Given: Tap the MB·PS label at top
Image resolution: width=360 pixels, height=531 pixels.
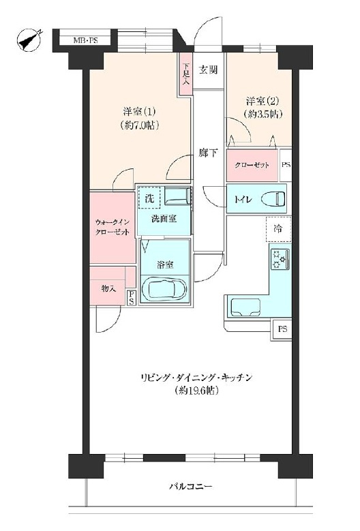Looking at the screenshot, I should (85, 41).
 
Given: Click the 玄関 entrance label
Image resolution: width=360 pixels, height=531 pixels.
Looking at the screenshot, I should (209, 69).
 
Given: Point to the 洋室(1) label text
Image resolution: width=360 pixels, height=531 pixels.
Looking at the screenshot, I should (138, 111).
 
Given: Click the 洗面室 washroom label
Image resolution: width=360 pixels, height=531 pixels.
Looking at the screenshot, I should (163, 219).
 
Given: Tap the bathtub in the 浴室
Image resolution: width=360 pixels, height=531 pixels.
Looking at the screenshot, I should (164, 289).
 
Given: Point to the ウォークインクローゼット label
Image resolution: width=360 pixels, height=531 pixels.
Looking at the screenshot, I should (112, 227).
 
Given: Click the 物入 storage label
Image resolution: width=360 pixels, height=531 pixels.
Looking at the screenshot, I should (108, 289).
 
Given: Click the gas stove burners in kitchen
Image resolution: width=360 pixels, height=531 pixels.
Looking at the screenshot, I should (280, 260).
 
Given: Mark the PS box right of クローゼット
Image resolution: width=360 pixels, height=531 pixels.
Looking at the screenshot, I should (286, 166).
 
